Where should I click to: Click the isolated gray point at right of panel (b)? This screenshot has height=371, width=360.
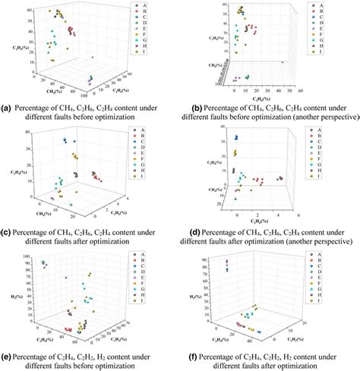pyautogui.click(x=283, y=62)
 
